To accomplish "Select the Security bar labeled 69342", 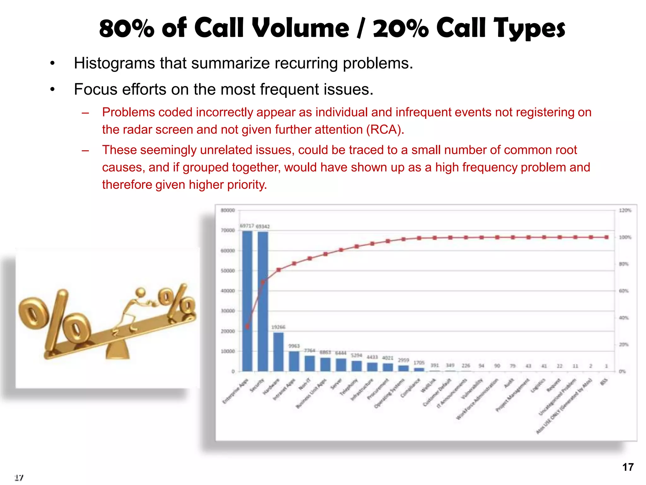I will pyautogui.click(x=263, y=302).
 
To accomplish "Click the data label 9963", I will pyautogui.click(x=294, y=346).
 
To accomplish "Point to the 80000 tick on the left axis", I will pyautogui.click(x=228, y=210).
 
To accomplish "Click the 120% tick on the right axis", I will pyautogui.click(x=625, y=210).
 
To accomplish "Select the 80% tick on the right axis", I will pyautogui.click(x=623, y=264).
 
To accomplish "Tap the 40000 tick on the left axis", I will pyautogui.click(x=228, y=291).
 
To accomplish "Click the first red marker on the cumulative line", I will pyautogui.click(x=247, y=327).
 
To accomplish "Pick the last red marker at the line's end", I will pyautogui.click(x=606, y=237).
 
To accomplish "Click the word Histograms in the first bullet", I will pyautogui.click(x=114, y=63).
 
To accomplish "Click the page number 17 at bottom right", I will pyautogui.click(x=627, y=467).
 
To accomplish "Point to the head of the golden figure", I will pyautogui.click(x=141, y=292).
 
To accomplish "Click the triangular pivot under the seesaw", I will pyautogui.click(x=118, y=351).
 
